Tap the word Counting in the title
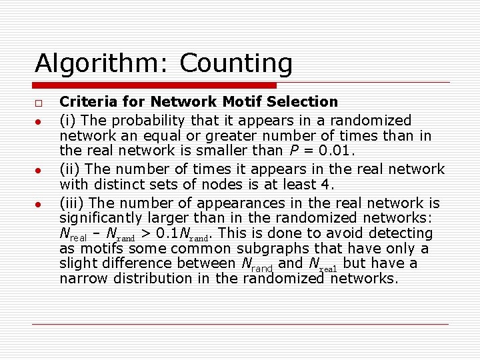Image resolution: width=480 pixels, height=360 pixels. coord(236,65)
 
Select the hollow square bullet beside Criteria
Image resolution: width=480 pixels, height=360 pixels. coord(39,104)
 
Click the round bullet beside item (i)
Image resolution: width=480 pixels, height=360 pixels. coord(39,122)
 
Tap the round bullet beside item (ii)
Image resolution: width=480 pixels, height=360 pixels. coord(39,171)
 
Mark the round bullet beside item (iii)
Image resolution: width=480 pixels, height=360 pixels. coord(39,204)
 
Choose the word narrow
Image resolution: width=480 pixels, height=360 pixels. coord(83,278)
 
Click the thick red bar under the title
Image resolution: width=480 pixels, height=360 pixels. coord(155,85)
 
